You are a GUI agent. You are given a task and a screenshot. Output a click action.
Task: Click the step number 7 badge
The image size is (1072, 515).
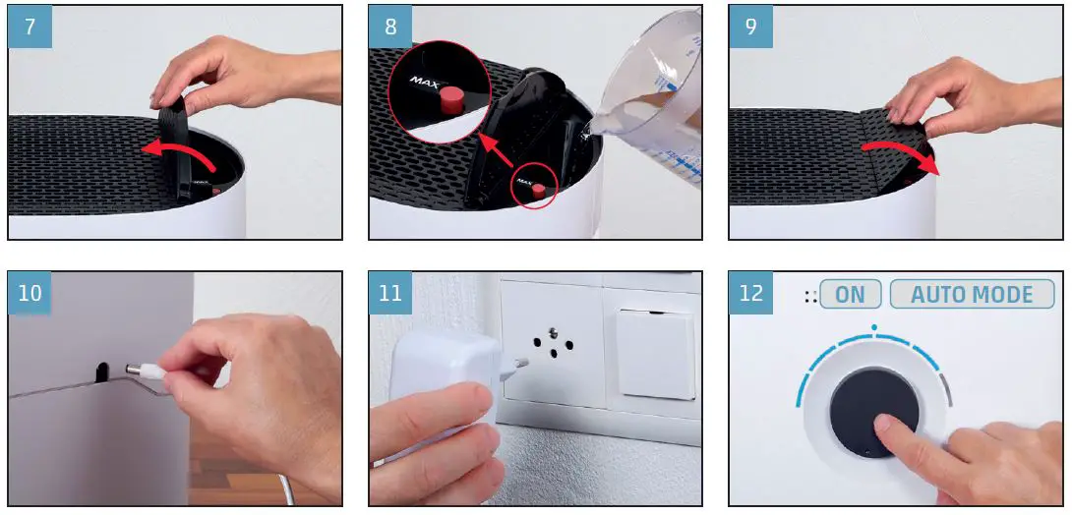[x=30, y=28]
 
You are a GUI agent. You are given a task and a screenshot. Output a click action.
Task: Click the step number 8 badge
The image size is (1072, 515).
[x=390, y=28]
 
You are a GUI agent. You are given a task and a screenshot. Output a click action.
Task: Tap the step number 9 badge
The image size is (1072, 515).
[x=750, y=28]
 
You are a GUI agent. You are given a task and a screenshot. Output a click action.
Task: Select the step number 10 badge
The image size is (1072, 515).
[x=30, y=293]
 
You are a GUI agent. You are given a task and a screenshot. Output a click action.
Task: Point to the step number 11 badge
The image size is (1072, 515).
[x=390, y=293]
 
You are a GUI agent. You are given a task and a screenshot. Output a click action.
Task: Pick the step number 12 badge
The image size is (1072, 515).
[x=750, y=293]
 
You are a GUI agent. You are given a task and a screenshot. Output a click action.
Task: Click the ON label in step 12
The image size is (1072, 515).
[x=851, y=295]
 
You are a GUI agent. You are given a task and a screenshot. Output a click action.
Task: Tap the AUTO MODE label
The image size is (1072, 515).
[x=972, y=295]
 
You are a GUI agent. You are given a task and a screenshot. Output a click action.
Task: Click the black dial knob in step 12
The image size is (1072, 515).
[x=874, y=413]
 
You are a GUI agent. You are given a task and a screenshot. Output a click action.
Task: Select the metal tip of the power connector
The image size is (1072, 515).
[x=136, y=370]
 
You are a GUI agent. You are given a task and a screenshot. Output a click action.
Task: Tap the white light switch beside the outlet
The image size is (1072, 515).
[x=655, y=354]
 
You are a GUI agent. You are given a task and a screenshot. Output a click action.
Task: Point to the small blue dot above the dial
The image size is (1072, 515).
[x=873, y=328]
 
